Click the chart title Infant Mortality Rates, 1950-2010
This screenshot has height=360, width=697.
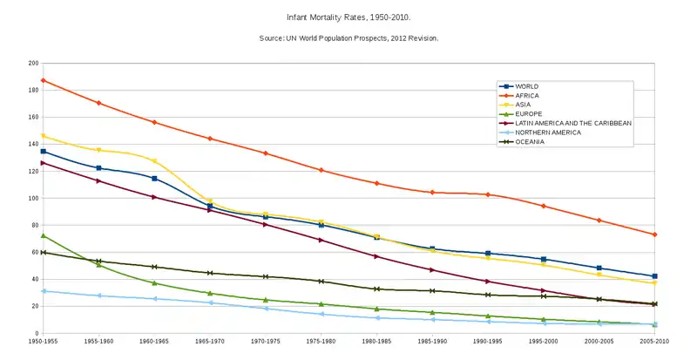click(x=348, y=17)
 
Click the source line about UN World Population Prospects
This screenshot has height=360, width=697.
click(x=348, y=38)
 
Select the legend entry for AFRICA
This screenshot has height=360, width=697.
click(x=528, y=95)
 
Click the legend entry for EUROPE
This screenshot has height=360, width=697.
click(x=529, y=113)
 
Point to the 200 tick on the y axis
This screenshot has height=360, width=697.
click(x=33, y=64)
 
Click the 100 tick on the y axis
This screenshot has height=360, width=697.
click(x=33, y=199)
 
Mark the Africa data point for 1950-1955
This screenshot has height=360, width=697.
click(x=44, y=80)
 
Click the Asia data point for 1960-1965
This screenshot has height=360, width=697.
click(x=154, y=161)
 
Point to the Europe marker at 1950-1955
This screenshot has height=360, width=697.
click(x=44, y=236)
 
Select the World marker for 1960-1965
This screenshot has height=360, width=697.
click(x=154, y=179)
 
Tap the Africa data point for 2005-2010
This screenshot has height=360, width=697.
click(x=654, y=234)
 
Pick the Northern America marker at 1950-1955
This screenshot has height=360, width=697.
click(x=44, y=291)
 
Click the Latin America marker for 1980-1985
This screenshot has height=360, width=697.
click(x=376, y=256)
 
